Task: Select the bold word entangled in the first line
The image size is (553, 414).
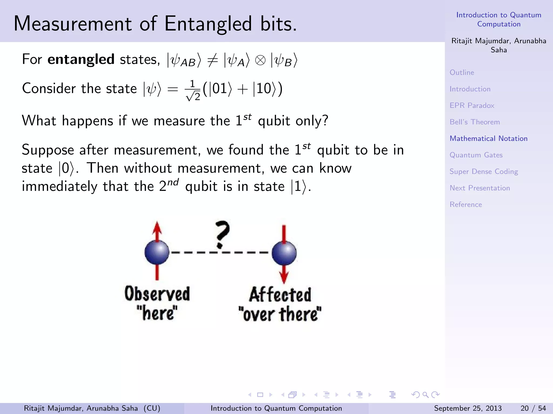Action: pyautogui.click(x=81, y=59)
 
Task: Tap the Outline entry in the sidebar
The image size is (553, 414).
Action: pyautogui.click(x=462, y=73)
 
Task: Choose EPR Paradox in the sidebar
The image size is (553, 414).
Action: pyautogui.click(x=472, y=105)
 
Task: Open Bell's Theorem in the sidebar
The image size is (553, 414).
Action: pyautogui.click(x=474, y=122)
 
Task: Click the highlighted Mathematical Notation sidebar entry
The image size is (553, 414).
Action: pyautogui.click(x=488, y=139)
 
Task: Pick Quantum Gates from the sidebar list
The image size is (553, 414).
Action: pyautogui.click(x=476, y=155)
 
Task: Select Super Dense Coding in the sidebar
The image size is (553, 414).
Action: pyautogui.click(x=484, y=172)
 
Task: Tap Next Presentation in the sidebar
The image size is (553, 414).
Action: pyautogui.click(x=480, y=188)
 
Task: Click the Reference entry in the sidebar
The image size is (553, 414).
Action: pyautogui.click(x=466, y=205)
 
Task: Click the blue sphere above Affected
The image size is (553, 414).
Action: pyautogui.click(x=284, y=253)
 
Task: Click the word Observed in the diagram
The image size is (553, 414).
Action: pyautogui.click(x=157, y=294)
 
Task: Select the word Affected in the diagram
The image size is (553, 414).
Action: pyautogui.click(x=280, y=295)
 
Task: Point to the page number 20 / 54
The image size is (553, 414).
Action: pyautogui.click(x=533, y=408)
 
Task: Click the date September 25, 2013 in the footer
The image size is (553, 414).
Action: pyautogui.click(x=468, y=408)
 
